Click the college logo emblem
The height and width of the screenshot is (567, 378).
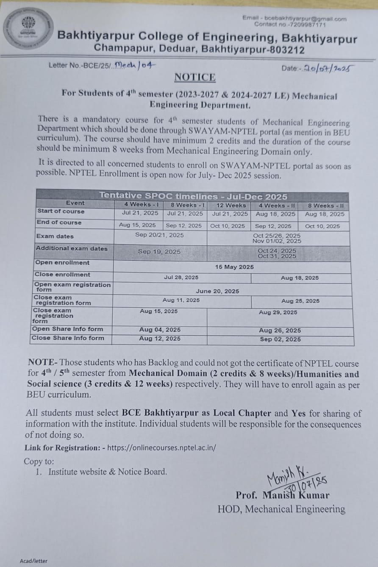pos(28,28)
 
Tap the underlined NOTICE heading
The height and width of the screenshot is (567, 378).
pos(195,77)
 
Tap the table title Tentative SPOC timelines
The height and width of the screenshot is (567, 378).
pos(193,196)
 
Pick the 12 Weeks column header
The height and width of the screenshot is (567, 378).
pos(231,205)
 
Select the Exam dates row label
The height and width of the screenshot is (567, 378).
pos(55,236)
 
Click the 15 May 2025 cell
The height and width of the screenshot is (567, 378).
pos(234,267)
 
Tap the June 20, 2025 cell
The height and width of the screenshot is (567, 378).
pos(217,291)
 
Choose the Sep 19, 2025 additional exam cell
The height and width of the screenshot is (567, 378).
pos(159,251)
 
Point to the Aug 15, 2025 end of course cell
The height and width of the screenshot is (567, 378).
pos(137,225)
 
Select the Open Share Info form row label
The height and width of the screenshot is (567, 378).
pos(67,329)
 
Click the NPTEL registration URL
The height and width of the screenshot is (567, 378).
pos(161,447)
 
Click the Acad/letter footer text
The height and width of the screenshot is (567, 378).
pos(33,561)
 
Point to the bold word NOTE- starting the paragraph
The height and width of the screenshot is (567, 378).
pos(42,362)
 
